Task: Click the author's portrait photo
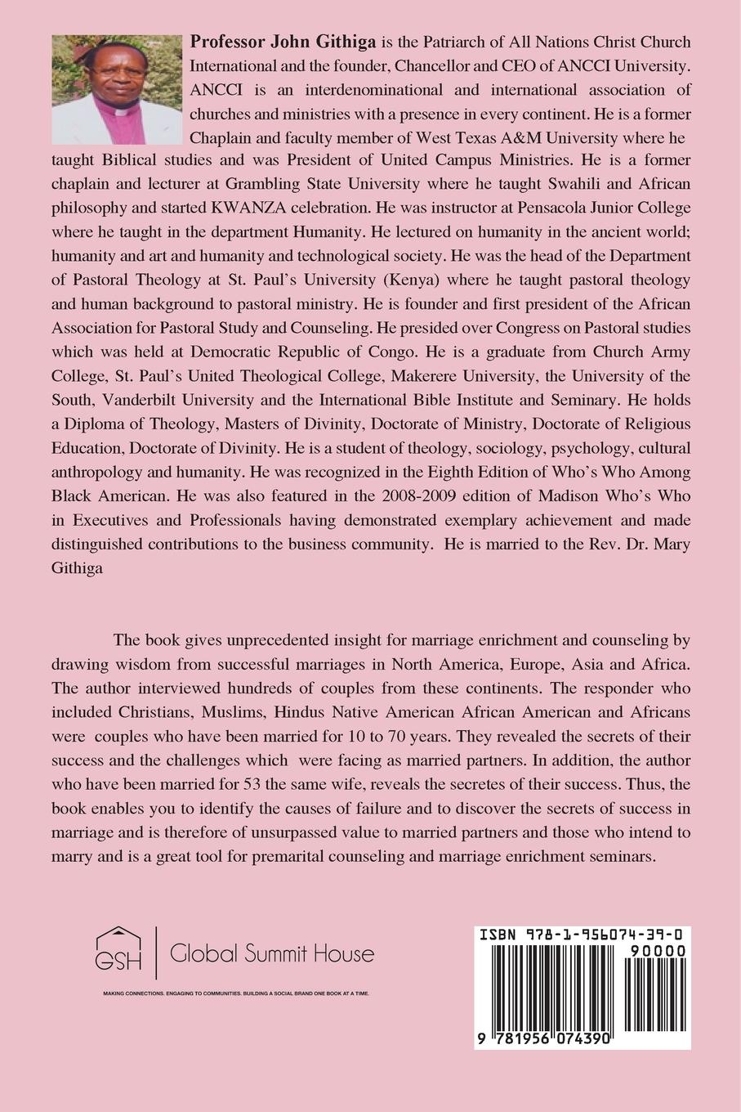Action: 116,89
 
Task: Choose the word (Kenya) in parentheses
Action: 480,280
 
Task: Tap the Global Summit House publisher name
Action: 271,953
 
